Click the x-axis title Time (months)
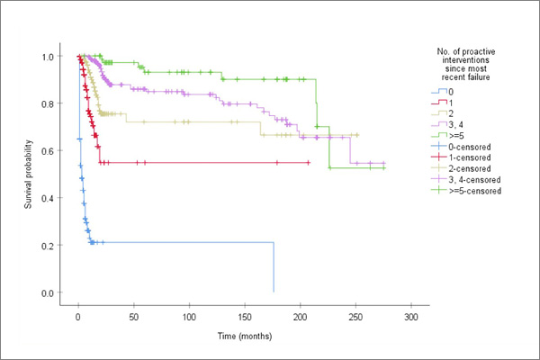point(243,335)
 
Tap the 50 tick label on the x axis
point(133,319)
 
